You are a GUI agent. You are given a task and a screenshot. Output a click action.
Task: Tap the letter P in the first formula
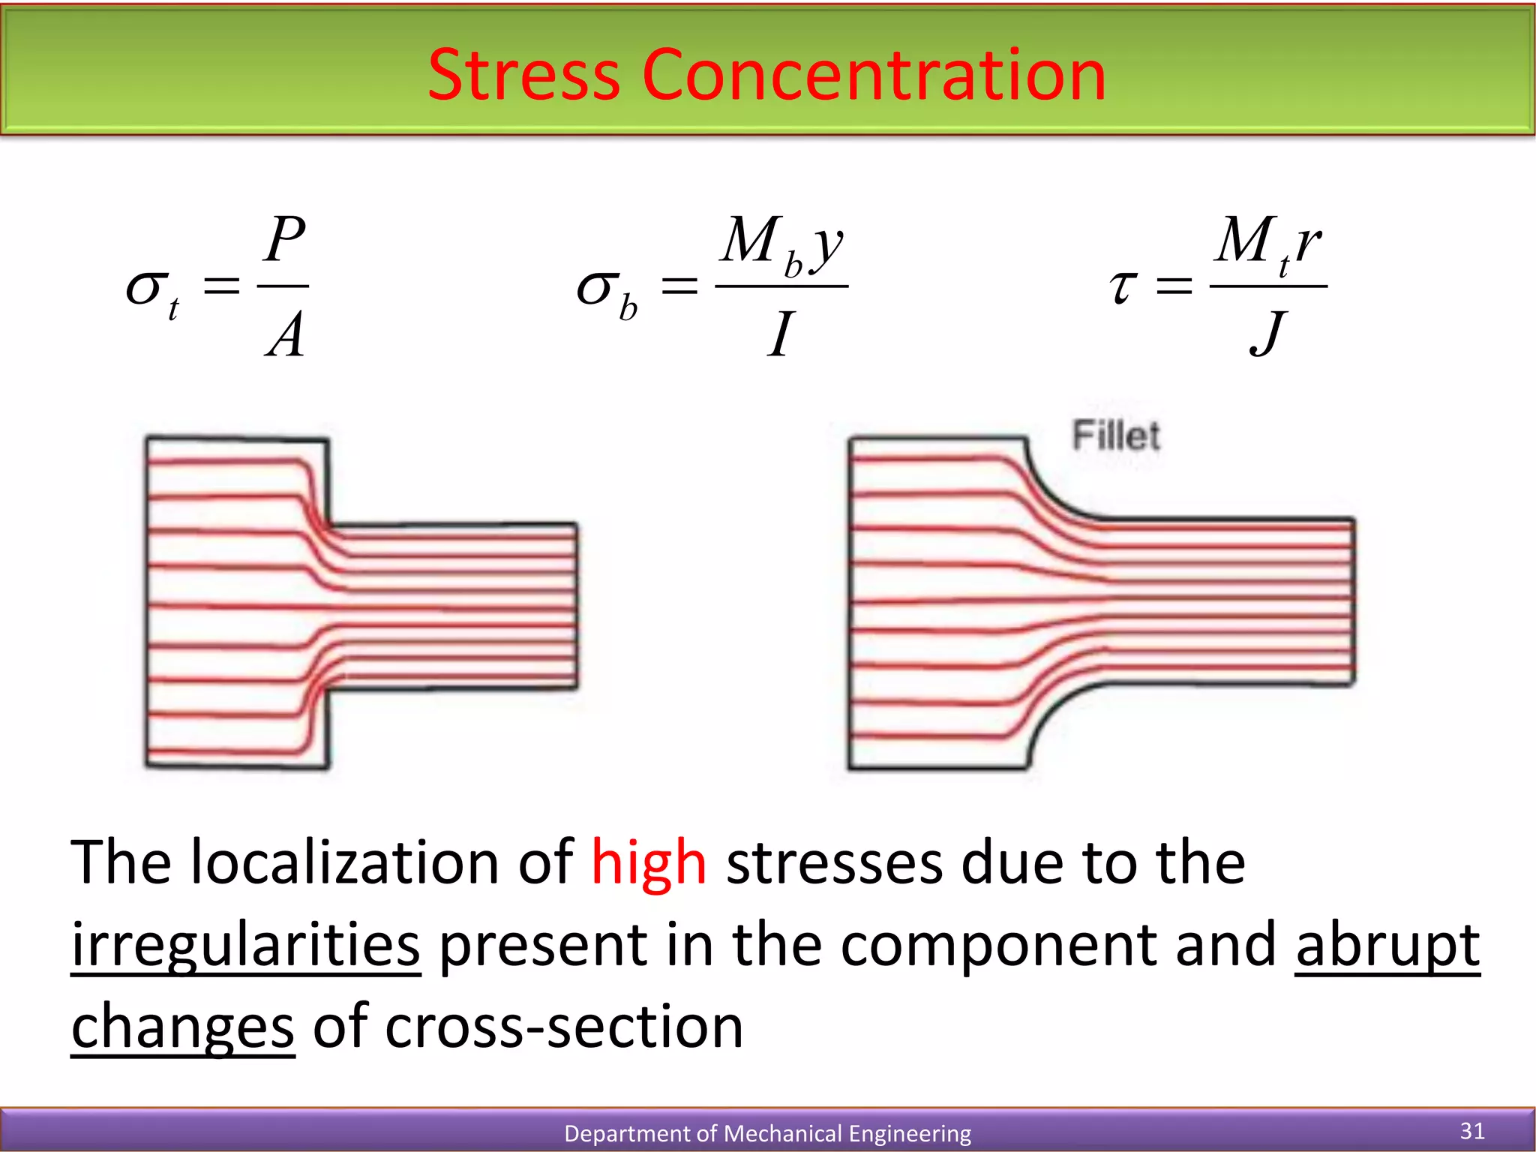click(286, 240)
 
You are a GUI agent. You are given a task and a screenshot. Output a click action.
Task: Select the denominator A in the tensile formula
click(286, 334)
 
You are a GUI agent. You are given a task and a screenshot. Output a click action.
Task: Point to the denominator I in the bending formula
click(781, 334)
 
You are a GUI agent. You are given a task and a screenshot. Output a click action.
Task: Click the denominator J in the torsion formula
click(1268, 334)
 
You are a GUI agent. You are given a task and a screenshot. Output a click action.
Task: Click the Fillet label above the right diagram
click(1116, 436)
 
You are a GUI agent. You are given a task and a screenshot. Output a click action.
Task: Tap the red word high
click(649, 862)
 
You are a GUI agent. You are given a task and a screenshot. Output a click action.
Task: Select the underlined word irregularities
click(246, 945)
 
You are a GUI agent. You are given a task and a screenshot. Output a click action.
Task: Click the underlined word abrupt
click(1387, 945)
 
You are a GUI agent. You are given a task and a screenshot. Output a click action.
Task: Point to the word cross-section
click(564, 1026)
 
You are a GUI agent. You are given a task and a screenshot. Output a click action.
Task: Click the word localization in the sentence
click(345, 862)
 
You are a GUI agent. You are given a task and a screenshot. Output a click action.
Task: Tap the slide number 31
click(1472, 1130)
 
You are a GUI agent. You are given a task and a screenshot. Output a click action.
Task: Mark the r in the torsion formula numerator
click(1308, 244)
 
